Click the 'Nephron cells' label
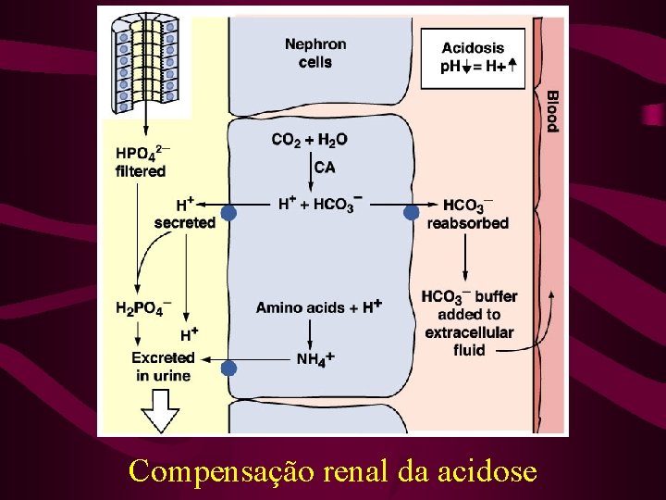(x=315, y=53)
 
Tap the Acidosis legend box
(x=473, y=57)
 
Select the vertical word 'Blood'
(x=551, y=110)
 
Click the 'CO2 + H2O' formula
(x=309, y=140)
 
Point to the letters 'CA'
(x=325, y=168)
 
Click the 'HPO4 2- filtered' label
(x=142, y=162)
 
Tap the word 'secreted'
(x=185, y=222)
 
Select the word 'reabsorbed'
(x=467, y=223)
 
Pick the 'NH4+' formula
(x=315, y=358)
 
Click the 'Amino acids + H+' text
(x=319, y=306)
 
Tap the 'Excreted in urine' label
(x=163, y=366)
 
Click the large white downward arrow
(x=163, y=409)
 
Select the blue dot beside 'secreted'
(x=228, y=213)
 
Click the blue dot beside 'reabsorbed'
(x=412, y=213)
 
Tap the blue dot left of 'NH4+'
(x=228, y=368)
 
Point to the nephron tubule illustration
(x=145, y=60)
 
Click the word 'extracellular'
(x=469, y=331)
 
